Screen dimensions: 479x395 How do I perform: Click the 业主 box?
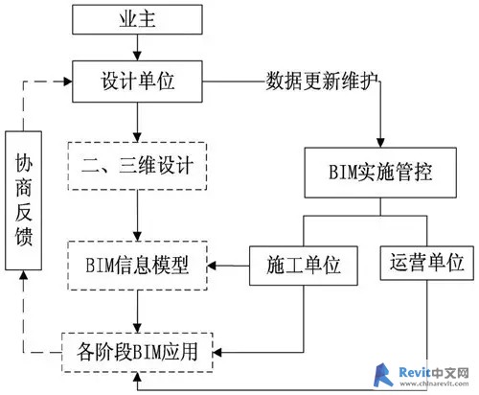pyautogui.click(x=137, y=19)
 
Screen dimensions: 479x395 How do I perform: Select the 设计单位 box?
pyautogui.click(x=137, y=81)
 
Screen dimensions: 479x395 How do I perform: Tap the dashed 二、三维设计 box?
pyautogui.click(x=137, y=166)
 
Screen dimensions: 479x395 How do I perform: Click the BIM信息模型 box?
pyautogui.click(x=137, y=266)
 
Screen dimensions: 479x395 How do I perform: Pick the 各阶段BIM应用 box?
pyautogui.click(x=137, y=352)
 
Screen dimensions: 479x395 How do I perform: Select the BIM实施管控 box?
pyautogui.click(x=380, y=173)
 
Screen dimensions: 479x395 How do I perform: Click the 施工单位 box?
pyautogui.click(x=304, y=266)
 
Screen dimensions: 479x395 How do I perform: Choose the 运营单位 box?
pyautogui.click(x=426, y=263)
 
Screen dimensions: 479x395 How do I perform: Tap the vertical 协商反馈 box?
pyautogui.click(x=23, y=200)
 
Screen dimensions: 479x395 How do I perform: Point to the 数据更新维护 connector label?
pyautogui.click(x=322, y=81)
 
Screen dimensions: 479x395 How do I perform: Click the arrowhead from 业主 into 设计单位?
pyautogui.click(x=137, y=56)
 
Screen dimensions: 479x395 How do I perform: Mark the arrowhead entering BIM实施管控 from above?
pyautogui.click(x=380, y=143)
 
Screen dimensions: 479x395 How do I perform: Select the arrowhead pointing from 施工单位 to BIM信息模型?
pyautogui.click(x=213, y=266)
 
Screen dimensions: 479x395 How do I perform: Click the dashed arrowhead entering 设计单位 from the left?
pyautogui.click(x=67, y=81)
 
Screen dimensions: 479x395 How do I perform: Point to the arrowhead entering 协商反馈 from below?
pyautogui.click(x=23, y=275)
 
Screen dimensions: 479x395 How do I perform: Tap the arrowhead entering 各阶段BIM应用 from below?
pyautogui.click(x=137, y=377)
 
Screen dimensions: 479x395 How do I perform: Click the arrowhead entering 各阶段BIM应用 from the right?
pyautogui.click(x=217, y=353)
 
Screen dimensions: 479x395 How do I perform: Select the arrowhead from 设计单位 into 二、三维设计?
pyautogui.click(x=137, y=137)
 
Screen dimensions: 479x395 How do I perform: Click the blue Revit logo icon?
pyautogui.click(x=384, y=375)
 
